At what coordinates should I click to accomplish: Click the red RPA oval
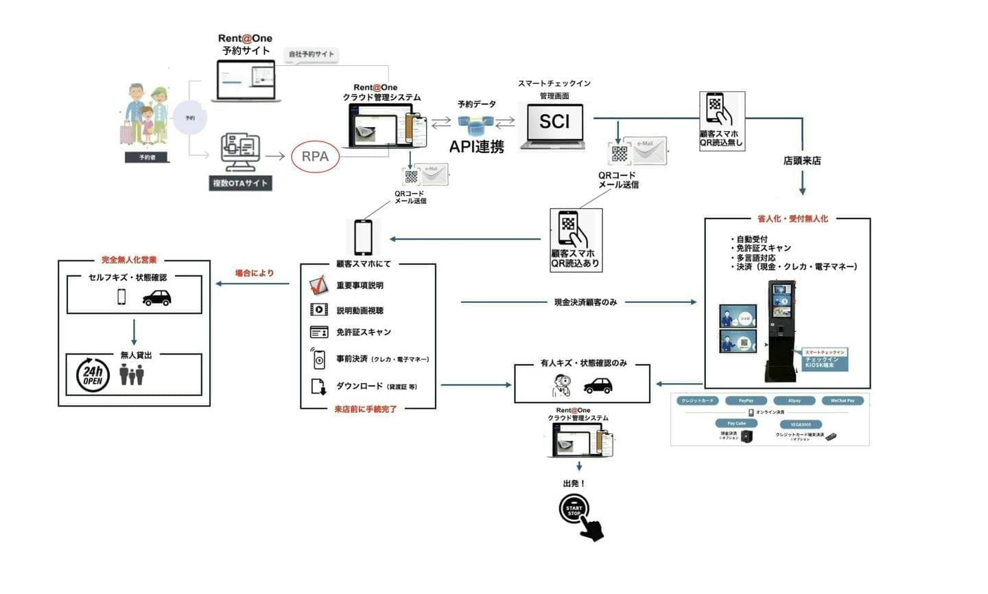pos(315,157)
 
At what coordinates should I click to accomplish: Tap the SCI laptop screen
pos(554,122)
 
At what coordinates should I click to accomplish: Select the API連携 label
pos(477,146)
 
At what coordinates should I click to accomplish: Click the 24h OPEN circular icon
pos(93,375)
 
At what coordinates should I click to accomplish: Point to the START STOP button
pos(574,511)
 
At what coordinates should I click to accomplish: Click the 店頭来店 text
pos(802,161)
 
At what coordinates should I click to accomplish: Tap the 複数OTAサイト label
pos(239,183)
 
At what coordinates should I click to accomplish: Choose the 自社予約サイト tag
pos(311,54)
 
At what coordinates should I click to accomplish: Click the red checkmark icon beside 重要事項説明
pos(318,285)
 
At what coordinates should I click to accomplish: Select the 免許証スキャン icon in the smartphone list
pos(319,332)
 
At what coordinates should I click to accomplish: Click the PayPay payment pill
pos(746,400)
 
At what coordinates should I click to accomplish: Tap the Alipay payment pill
pos(794,400)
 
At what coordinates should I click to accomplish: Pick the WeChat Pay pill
pos(843,400)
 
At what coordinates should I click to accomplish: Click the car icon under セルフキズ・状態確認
pos(156,297)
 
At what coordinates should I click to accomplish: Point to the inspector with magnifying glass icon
pos(562,386)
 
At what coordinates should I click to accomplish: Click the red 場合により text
pos(255,273)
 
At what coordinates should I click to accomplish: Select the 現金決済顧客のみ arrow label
pos(585,302)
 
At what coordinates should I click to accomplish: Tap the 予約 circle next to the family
pos(190,118)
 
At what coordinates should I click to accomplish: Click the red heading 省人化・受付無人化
pos(792,219)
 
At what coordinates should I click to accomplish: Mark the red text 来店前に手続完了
pos(366,409)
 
